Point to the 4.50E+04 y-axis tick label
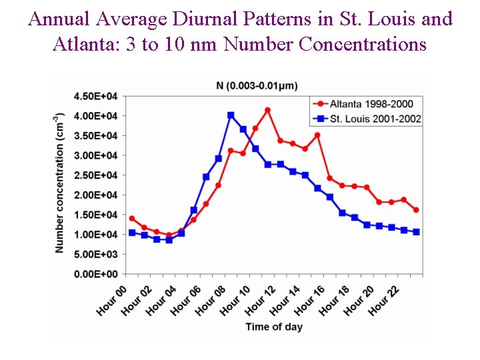point(95,96)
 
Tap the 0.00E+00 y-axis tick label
point(95,274)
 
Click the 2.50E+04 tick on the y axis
point(95,175)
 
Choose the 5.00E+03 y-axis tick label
point(95,254)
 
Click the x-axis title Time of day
point(273,327)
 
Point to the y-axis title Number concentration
point(60,181)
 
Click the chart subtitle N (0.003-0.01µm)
point(257,85)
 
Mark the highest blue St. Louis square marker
point(231,115)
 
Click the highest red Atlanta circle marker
point(267,110)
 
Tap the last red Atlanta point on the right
point(416,210)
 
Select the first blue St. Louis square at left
point(132,233)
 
